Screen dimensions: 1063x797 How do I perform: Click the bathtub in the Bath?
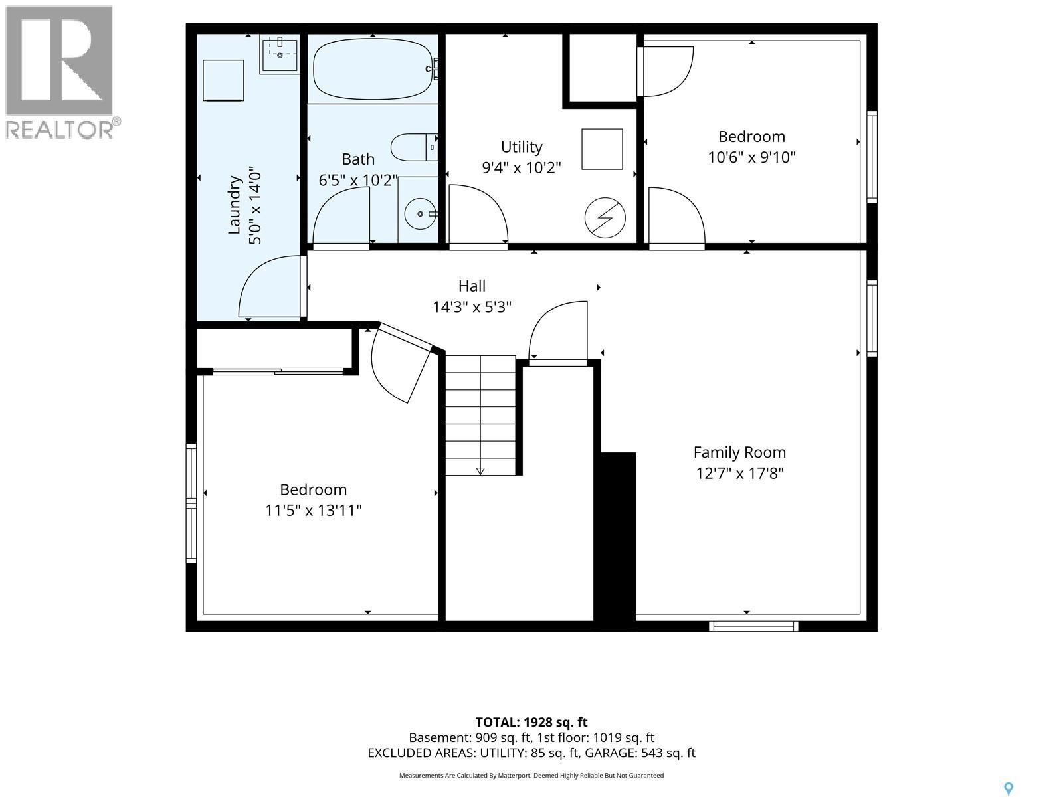(373, 69)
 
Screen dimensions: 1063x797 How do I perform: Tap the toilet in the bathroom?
(414, 147)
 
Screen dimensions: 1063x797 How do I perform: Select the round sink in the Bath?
(420, 214)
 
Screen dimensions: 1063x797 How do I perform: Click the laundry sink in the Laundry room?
(279, 55)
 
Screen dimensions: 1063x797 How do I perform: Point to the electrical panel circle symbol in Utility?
(605, 218)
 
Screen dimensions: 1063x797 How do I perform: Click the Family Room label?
(739, 452)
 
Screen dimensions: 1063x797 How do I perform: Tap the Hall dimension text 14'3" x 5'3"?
(472, 307)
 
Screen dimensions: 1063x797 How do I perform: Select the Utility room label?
(522, 147)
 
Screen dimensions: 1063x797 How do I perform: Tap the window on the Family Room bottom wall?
(753, 626)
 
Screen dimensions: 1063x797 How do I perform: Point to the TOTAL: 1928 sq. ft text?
(531, 723)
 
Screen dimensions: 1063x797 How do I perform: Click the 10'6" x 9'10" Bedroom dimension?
(751, 157)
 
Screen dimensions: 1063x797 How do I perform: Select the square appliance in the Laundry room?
(223, 80)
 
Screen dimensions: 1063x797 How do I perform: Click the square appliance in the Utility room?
(602, 149)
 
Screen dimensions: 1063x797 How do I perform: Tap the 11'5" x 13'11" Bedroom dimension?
(314, 511)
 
